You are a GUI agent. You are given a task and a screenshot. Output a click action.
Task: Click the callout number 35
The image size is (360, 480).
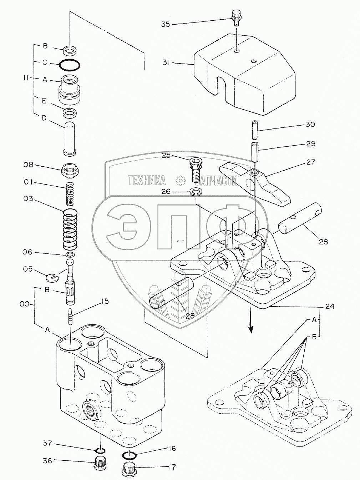point(166,24)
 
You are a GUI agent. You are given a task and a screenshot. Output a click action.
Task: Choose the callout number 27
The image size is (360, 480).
point(311,162)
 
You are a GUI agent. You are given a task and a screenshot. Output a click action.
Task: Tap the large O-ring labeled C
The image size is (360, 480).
point(70,65)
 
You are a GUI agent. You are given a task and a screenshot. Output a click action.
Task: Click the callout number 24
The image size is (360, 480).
point(330,306)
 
